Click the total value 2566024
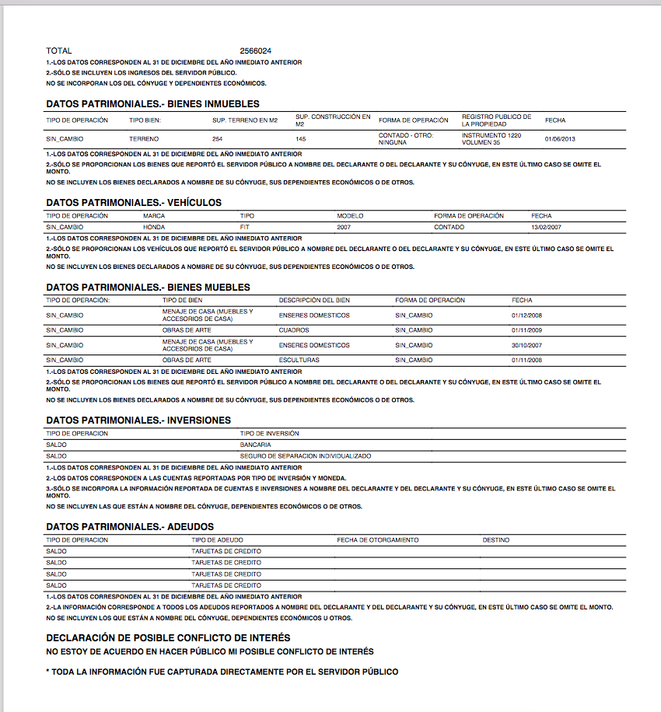coord(256,51)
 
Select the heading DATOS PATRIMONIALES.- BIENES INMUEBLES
coord(152,103)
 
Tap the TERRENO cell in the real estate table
coord(144,139)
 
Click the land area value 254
coord(218,139)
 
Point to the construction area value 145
coord(301,139)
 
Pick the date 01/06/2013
coord(560,139)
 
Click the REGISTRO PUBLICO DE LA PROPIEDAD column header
coord(497,120)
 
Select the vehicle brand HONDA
coord(154,227)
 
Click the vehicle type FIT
coord(246,227)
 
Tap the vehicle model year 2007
coord(344,227)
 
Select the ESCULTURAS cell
coord(299,361)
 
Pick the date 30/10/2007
coord(526,345)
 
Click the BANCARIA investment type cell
coord(255,445)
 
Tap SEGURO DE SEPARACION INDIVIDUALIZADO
coord(306,456)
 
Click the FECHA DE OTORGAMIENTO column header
coord(378,539)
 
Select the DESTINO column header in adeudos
coord(496,539)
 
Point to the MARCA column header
coord(154,215)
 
